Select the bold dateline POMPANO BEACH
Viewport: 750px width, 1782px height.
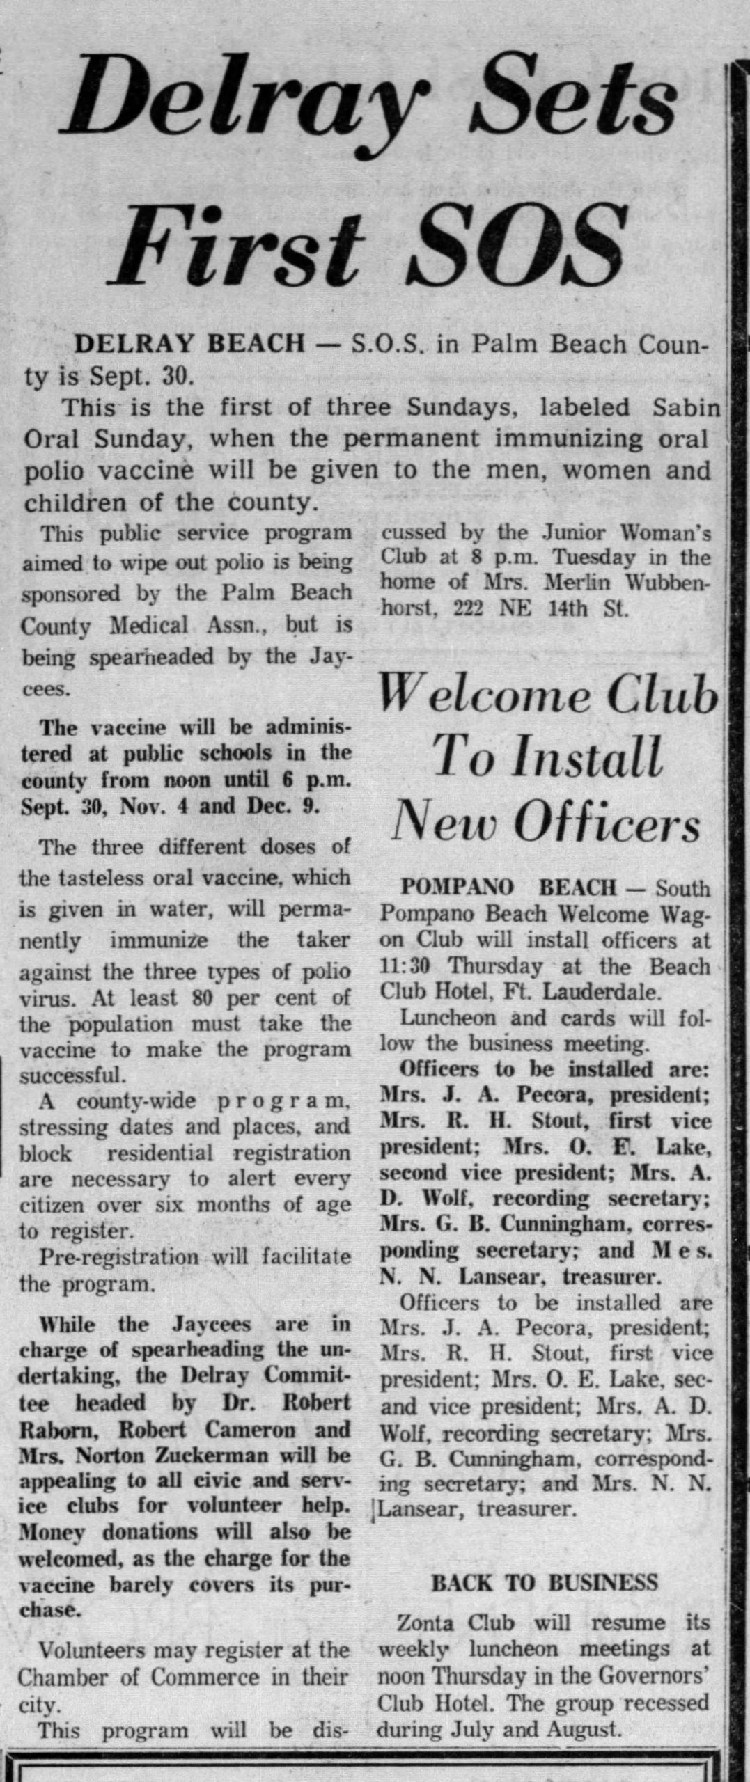509,888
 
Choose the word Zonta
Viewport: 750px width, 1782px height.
423,1623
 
